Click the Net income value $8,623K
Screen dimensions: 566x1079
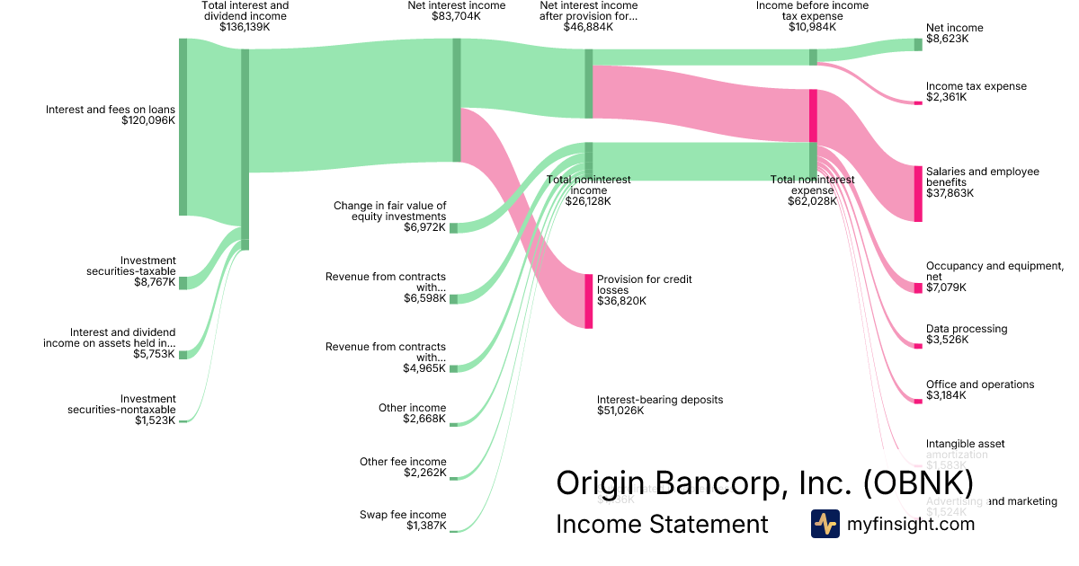point(949,40)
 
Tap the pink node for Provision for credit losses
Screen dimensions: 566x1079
point(589,301)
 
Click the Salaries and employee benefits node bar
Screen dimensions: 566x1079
point(918,193)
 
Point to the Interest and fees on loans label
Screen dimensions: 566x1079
point(111,110)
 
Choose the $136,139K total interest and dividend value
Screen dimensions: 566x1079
point(245,27)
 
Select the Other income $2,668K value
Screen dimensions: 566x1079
point(424,419)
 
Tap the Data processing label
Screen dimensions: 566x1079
point(967,329)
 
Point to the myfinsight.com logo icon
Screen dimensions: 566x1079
point(825,524)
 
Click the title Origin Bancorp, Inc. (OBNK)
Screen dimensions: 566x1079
point(764,482)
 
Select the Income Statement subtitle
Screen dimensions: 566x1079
point(662,525)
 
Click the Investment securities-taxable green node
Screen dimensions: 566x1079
point(183,283)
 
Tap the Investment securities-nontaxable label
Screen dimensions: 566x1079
point(122,404)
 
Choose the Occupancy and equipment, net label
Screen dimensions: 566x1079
point(994,271)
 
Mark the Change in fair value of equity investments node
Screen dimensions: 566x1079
point(453,227)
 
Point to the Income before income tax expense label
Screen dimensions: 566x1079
point(812,11)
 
